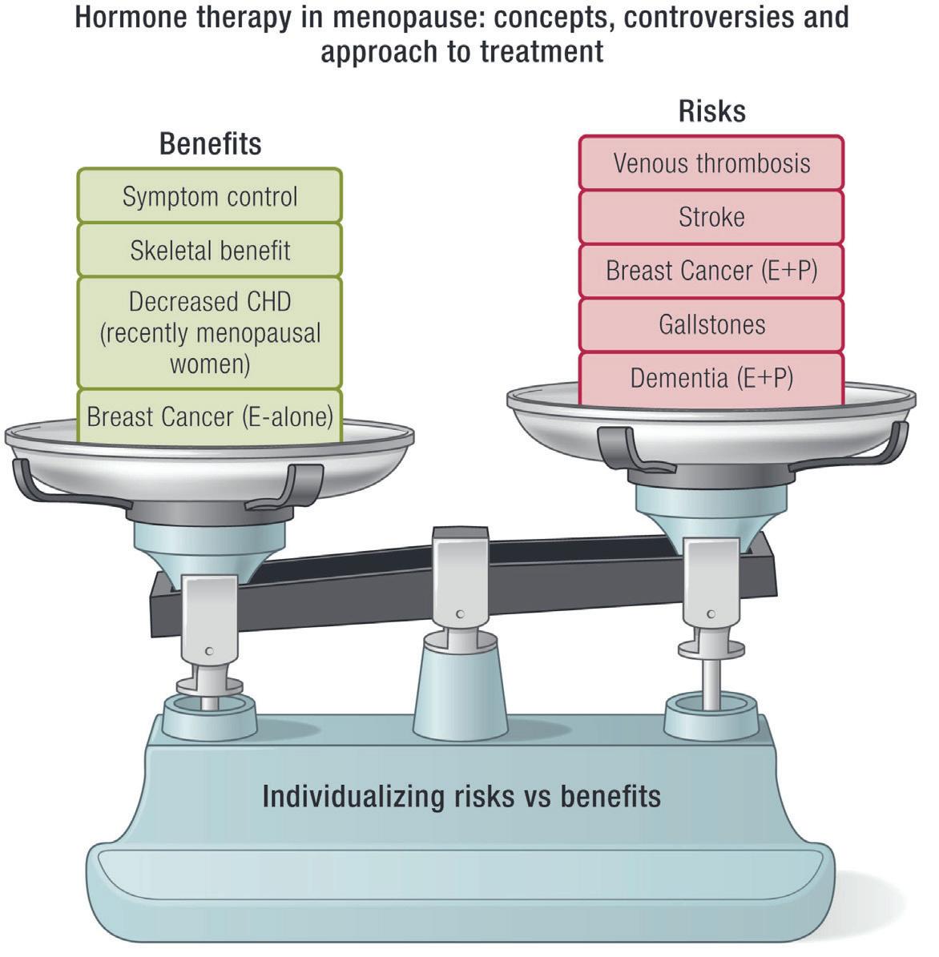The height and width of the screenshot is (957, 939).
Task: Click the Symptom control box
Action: coord(209,196)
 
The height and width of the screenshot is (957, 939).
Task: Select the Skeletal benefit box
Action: coord(209,250)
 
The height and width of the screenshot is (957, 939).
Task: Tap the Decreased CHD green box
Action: coord(209,332)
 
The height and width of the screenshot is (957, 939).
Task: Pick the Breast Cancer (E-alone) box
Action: coord(209,416)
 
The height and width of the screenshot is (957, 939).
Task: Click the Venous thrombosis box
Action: coord(711,163)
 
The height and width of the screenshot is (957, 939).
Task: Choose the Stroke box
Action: coord(711,217)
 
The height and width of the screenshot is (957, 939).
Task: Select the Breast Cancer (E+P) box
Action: coord(711,271)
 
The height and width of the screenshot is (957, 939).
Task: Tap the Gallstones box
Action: coord(711,324)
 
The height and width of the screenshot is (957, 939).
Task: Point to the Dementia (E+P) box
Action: coord(711,378)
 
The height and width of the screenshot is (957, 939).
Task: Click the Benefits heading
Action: coord(210,144)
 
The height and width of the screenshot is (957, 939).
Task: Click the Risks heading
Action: coord(711,111)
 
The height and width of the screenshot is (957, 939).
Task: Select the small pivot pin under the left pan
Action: coord(209,652)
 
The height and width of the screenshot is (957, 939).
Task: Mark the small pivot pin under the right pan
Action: coord(711,615)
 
